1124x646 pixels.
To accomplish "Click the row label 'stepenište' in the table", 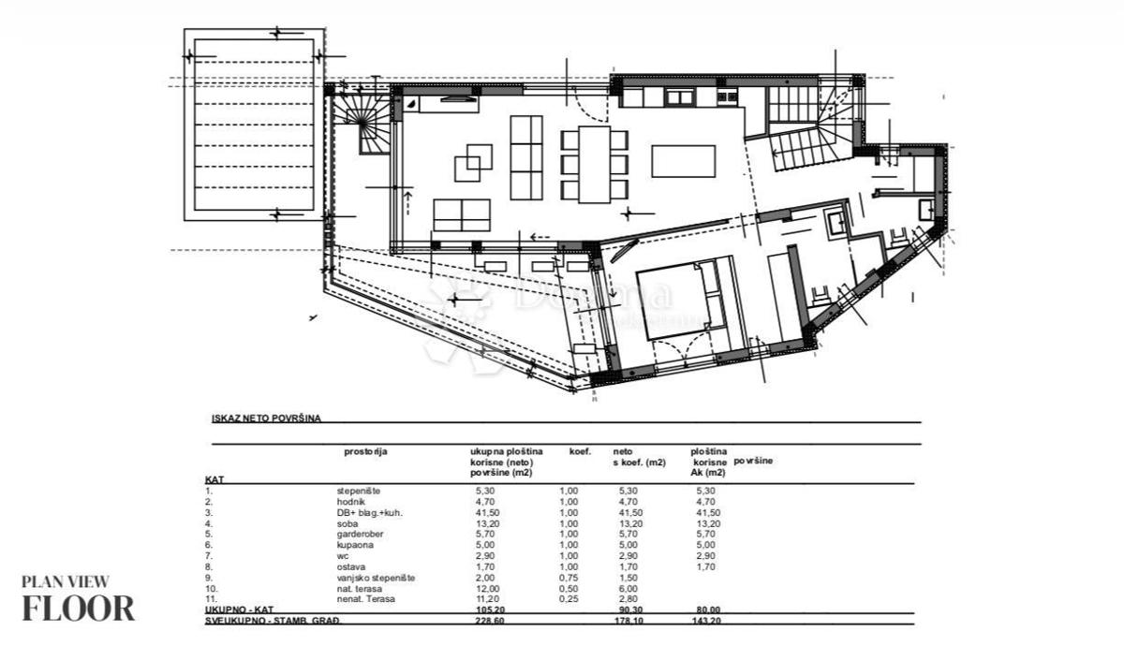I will tap(359, 490).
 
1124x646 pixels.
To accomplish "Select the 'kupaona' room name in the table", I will tap(354, 545).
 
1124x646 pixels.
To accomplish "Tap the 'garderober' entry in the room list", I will tap(360, 534).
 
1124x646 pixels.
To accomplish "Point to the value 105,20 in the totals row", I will tap(484, 609).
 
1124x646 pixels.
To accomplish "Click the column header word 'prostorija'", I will tap(365, 451).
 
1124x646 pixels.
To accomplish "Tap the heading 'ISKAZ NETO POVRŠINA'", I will tap(266, 418).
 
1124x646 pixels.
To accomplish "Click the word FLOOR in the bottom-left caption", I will tap(79, 608).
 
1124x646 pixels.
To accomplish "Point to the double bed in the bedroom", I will tap(674, 299).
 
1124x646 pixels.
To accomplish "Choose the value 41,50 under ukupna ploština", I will tap(484, 512).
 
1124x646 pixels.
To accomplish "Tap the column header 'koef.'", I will tap(580, 451).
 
